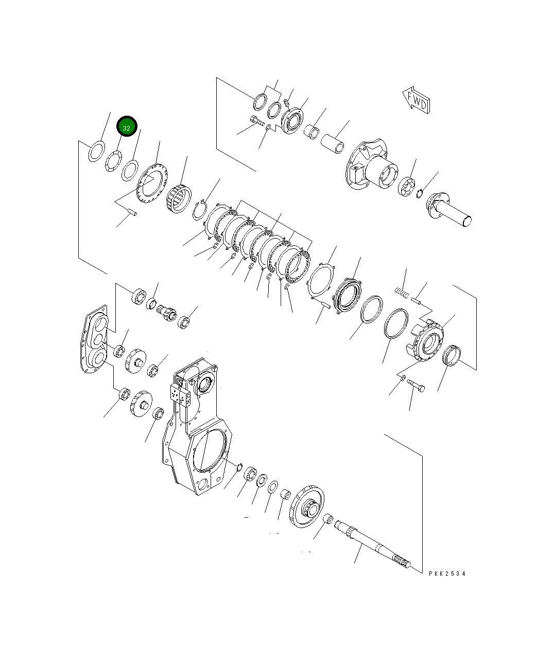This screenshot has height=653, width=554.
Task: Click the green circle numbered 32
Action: click(x=127, y=127)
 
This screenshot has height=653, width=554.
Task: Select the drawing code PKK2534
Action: click(x=446, y=573)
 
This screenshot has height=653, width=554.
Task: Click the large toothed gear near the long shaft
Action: click(x=307, y=507)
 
